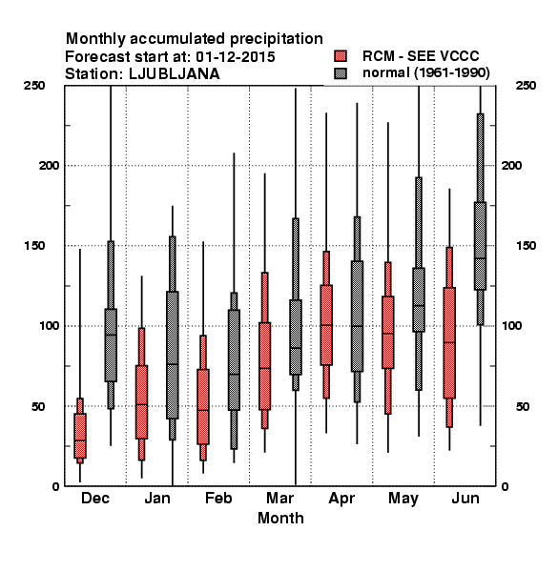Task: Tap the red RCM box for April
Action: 326,325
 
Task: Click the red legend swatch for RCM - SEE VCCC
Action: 341,56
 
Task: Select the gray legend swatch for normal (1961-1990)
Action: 341,73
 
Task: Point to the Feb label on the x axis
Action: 218,498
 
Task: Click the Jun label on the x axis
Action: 465,498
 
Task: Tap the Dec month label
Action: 95,498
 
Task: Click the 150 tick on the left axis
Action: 34,246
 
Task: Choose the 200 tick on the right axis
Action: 511,165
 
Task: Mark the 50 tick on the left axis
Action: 38,406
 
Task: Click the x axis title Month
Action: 280,518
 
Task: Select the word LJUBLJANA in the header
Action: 175,74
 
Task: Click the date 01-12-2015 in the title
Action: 236,56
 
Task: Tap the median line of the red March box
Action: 264,368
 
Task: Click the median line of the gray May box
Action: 419,305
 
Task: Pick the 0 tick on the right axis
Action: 505,486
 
